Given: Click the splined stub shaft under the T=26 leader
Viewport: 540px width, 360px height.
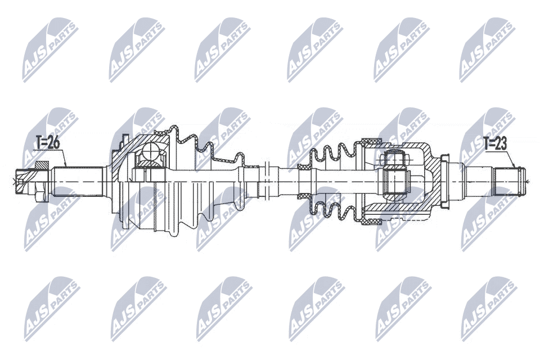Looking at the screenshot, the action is pos(77,181).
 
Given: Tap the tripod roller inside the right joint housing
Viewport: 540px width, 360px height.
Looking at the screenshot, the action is pos(395,181).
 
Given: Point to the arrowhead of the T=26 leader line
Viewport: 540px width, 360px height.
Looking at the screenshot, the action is pos(66,166).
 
